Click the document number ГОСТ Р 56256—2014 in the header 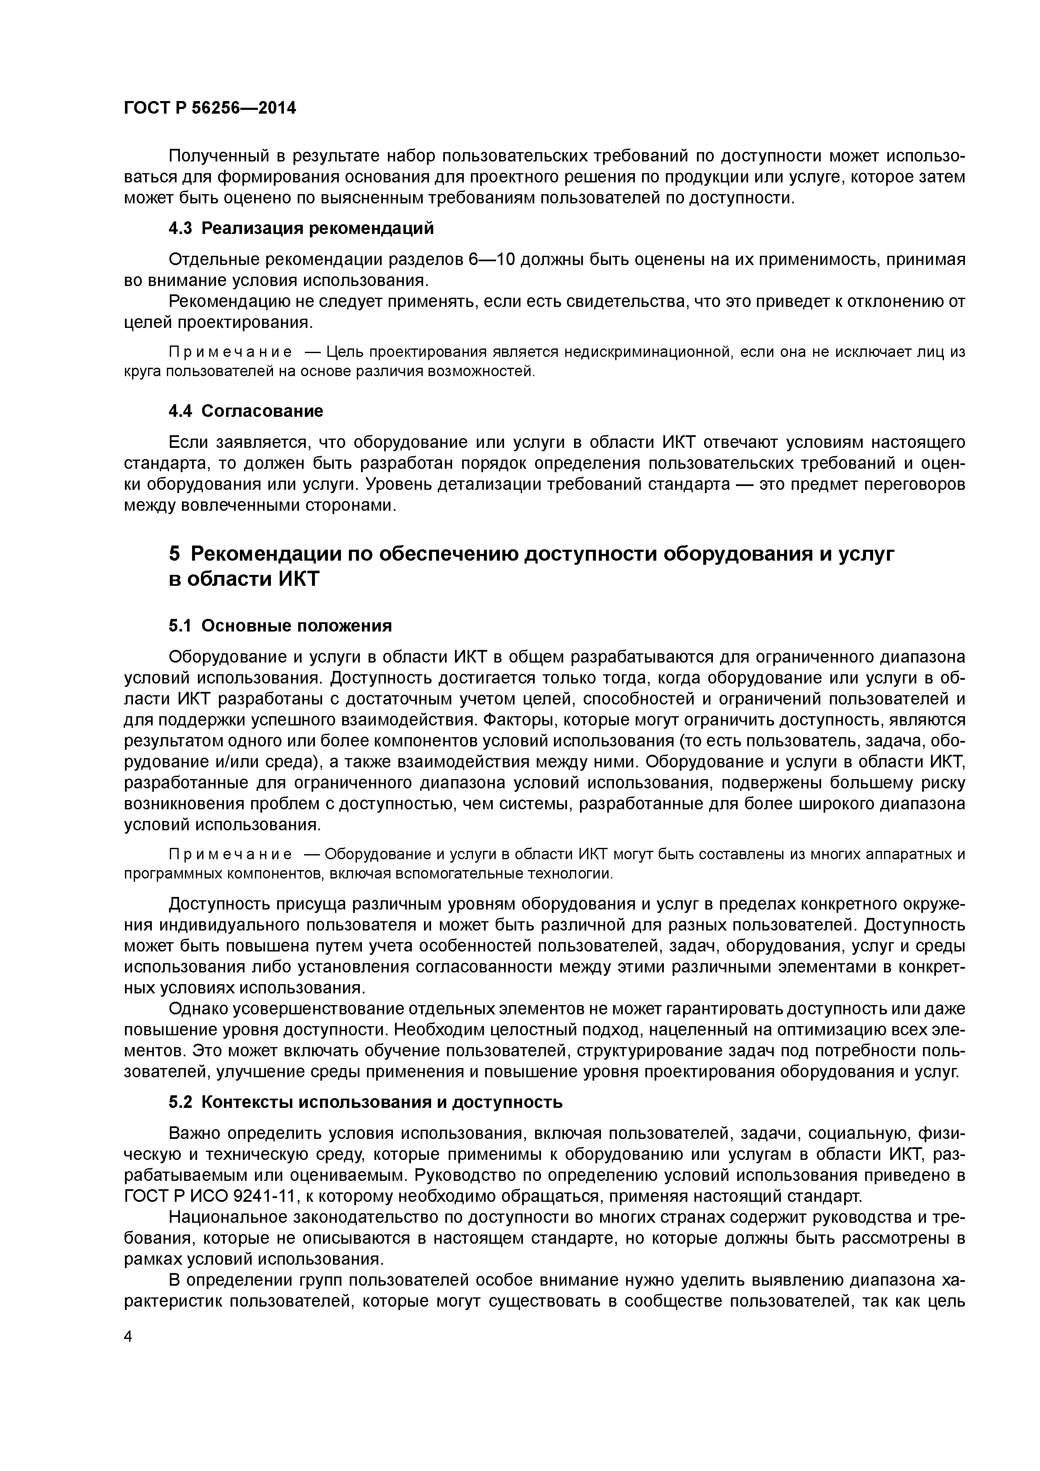[x=210, y=108]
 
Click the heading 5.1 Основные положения [x=280, y=625]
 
